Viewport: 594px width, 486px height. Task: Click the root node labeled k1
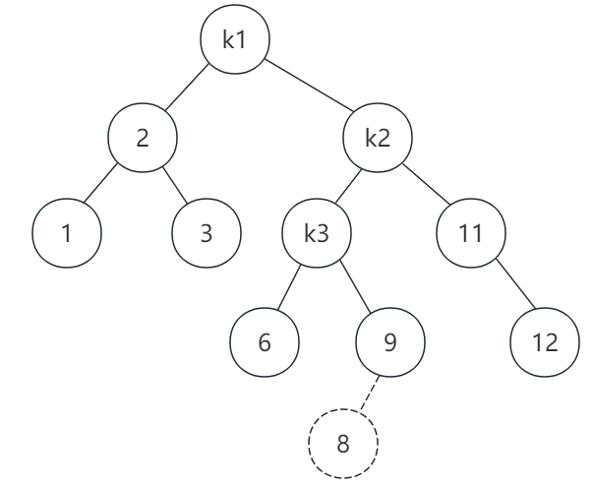point(233,41)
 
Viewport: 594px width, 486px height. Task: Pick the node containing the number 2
point(143,138)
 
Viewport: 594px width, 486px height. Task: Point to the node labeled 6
point(264,343)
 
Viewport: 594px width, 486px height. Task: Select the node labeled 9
point(390,343)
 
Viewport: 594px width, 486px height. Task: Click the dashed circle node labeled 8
point(342,443)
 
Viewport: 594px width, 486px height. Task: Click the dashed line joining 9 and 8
point(366,395)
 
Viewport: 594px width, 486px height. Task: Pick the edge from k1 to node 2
point(188,90)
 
